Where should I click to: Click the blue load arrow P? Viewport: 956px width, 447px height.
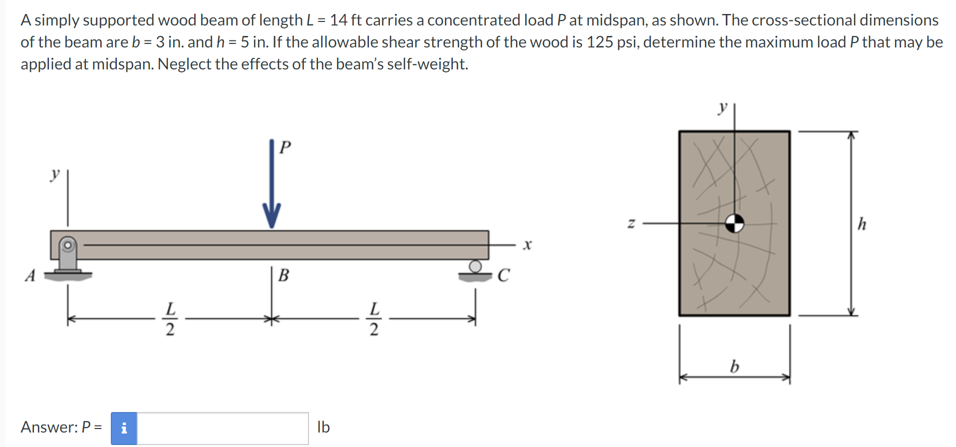tap(272, 185)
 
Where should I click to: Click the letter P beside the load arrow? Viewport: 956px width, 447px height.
tap(285, 147)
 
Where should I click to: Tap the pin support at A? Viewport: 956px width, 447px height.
tap(68, 257)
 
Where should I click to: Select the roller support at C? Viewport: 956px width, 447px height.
tap(475, 270)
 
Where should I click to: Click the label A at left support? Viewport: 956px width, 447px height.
tap(30, 275)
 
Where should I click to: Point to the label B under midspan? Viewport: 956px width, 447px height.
tap(284, 275)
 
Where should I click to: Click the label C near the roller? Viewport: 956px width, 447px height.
tap(503, 275)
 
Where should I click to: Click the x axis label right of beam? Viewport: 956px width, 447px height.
tap(527, 245)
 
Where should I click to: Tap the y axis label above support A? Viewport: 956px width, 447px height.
tap(55, 174)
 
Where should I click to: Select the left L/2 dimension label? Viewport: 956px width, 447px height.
tap(170, 319)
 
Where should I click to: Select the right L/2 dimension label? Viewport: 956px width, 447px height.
tap(374, 319)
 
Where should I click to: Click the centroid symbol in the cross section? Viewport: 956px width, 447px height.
tap(734, 223)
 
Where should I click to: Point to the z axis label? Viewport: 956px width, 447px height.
tap(631, 223)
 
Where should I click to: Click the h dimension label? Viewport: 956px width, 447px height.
tap(862, 224)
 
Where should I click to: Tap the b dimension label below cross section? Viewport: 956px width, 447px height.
tap(734, 367)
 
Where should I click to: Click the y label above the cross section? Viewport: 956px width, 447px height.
tap(722, 107)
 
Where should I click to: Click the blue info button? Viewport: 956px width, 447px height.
tap(124, 428)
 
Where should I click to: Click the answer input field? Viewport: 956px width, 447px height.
tap(223, 428)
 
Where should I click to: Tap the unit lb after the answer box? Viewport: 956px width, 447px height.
tap(323, 427)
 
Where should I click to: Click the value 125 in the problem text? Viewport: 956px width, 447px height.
tap(600, 42)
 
